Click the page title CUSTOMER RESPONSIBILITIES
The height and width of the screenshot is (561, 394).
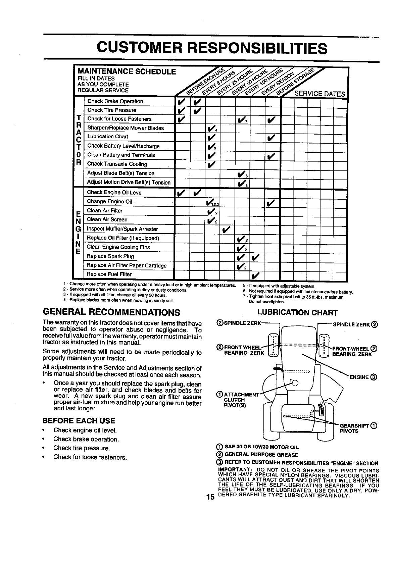211,48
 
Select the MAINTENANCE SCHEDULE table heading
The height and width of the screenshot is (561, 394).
127,71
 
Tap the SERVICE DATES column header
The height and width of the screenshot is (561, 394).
319,94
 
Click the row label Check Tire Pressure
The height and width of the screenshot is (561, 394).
112,110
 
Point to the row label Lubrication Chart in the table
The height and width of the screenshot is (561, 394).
107,137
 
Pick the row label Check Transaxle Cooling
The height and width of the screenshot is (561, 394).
117,164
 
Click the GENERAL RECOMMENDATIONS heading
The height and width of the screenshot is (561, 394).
111,313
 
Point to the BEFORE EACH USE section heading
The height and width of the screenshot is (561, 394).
79,421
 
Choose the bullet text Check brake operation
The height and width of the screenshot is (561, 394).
86,439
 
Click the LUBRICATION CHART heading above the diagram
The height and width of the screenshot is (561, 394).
297,313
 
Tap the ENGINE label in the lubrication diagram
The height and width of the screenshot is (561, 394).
359,377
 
